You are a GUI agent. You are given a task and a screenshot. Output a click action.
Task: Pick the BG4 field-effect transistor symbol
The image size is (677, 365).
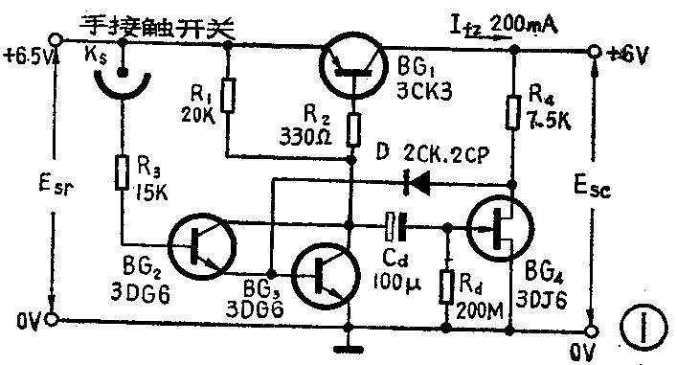coord(500,228)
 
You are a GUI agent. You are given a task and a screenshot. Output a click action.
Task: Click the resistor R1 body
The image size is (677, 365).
coord(227,96)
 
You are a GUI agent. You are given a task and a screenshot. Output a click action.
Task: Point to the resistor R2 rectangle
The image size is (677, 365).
coord(354,128)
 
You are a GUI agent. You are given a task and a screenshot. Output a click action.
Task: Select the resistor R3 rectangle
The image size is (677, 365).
coord(123,173)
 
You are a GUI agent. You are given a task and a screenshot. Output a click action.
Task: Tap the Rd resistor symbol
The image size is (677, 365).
coord(447,285)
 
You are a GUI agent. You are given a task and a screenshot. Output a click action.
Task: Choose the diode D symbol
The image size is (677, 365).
coord(414,177)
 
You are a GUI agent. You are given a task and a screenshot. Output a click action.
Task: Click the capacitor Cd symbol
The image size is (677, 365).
coord(395,227)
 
